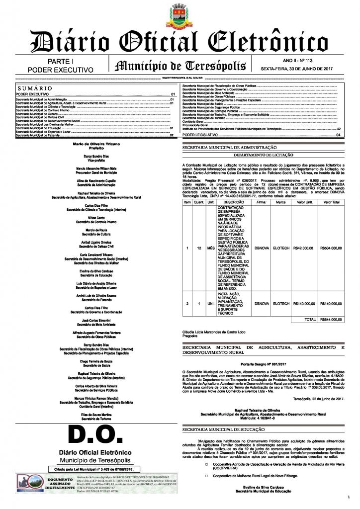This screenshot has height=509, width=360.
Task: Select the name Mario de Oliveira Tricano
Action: (x=92, y=144)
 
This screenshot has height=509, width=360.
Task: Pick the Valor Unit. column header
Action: (x=302, y=202)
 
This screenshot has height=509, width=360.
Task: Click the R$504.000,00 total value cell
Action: (x=331, y=247)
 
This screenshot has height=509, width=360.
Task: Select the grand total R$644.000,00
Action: (x=331, y=319)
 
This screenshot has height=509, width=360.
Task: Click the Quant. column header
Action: (x=199, y=202)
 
